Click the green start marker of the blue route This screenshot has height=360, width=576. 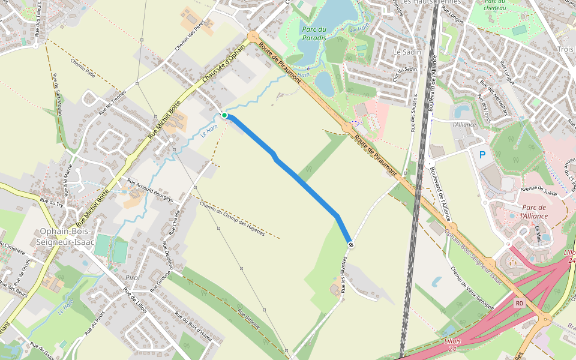point(224,115)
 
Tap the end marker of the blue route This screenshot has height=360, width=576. point(350,244)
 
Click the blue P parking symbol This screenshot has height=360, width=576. point(482,155)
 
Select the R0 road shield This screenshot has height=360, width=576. point(519,304)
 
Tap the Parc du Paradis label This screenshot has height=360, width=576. point(314,34)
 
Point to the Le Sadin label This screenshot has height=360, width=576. point(407,52)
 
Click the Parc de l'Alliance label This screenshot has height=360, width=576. point(534,211)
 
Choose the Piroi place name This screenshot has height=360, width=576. point(133,278)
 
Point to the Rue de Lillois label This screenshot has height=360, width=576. point(134,300)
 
